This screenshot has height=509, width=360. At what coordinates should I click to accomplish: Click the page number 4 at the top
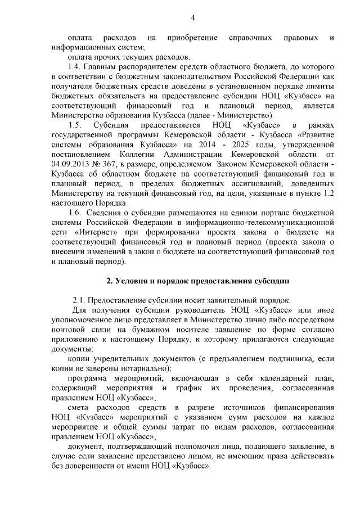coord(192,18)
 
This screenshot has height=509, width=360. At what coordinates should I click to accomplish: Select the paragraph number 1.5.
coord(75,124)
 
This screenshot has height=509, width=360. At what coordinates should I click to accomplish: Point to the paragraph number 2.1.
coord(79,300)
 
